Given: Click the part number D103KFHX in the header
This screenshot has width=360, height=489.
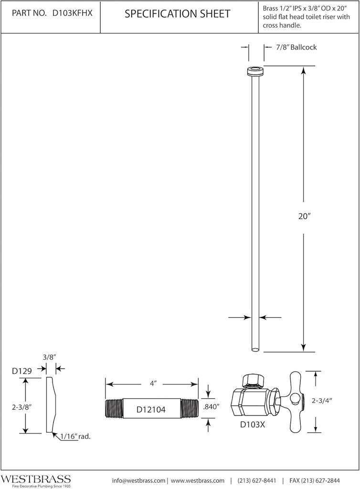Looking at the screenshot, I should [72, 14].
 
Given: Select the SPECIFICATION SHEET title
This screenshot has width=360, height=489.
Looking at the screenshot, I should [177, 14].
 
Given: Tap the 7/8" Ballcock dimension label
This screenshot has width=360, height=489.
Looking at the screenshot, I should [296, 47].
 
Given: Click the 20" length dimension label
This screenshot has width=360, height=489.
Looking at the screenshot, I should [305, 216].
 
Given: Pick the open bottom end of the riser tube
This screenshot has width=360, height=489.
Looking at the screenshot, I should [255, 350].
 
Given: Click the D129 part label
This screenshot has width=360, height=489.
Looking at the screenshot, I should [21, 370].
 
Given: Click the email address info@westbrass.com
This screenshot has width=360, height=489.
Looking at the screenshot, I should [139, 480].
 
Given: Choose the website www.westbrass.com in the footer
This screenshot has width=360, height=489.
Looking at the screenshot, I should [197, 480].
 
